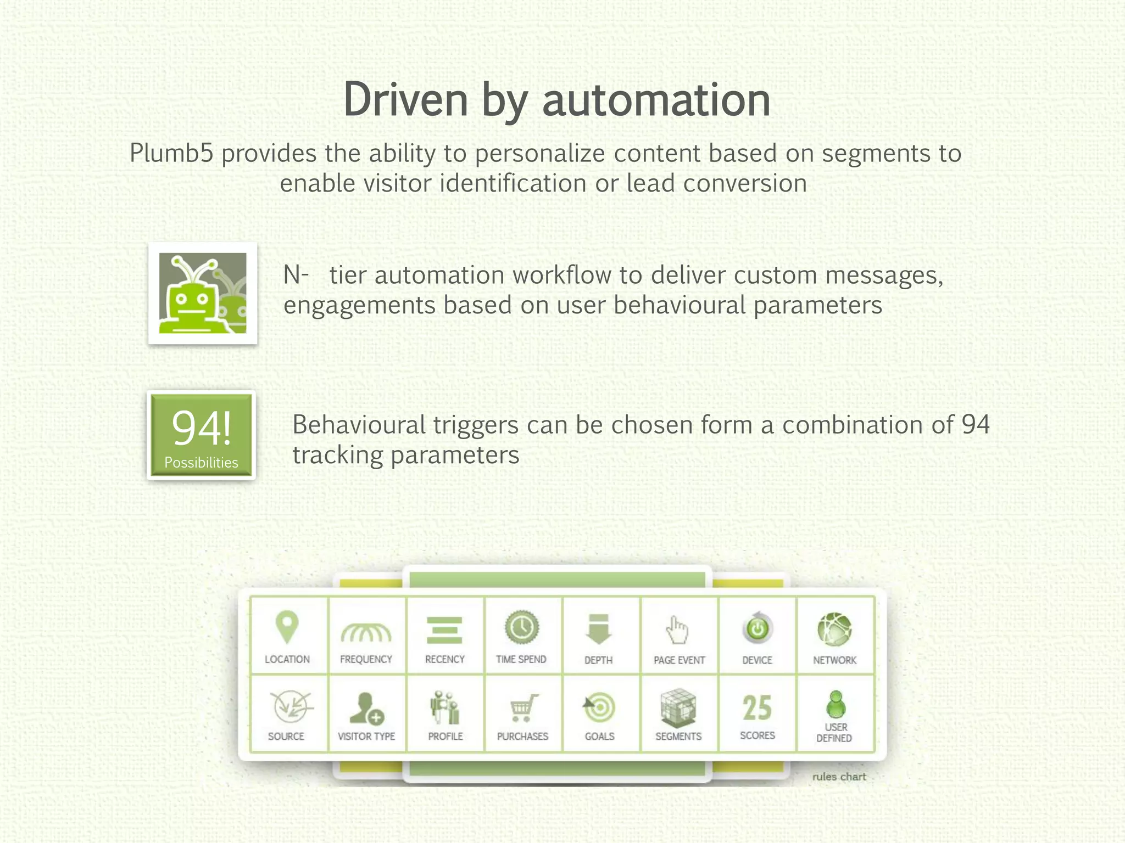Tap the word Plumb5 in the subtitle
click(171, 153)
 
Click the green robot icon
click(202, 293)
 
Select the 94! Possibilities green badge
click(202, 435)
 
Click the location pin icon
click(287, 627)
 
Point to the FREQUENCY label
click(366, 659)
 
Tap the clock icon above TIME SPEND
click(521, 627)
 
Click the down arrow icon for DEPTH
click(598, 629)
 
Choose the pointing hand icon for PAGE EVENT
click(677, 629)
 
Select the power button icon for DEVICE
click(758, 628)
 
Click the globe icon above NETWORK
click(834, 629)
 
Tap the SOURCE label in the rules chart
click(286, 736)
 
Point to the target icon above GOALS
click(599, 708)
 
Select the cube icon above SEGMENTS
click(678, 707)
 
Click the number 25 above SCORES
click(757, 708)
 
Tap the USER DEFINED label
click(834, 733)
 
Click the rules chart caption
click(839, 777)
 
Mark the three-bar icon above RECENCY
click(444, 630)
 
